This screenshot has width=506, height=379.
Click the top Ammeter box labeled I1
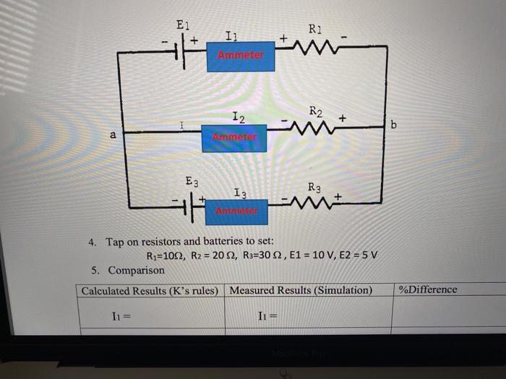pos(241,56)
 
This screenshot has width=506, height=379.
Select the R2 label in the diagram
pos(316,111)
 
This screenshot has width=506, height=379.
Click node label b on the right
pos(394,126)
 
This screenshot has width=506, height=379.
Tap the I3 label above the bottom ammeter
pos(241,193)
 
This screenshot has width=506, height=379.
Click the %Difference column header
pos(428,289)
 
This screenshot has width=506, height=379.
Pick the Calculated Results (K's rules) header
pos(150,290)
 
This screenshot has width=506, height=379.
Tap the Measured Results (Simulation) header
pos(301,290)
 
